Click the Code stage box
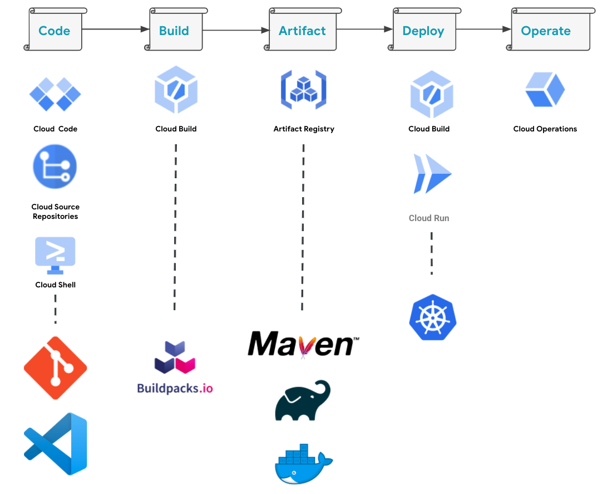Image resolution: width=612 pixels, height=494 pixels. point(55,31)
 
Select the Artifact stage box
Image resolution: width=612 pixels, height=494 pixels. point(302,31)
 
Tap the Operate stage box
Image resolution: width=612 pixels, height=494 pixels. point(546,31)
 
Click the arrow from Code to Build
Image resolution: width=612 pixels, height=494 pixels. point(116,30)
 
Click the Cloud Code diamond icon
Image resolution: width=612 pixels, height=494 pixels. point(55,94)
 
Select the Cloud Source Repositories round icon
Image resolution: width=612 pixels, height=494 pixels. point(55,167)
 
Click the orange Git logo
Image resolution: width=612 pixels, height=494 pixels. point(55,368)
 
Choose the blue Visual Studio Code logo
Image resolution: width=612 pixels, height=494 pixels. point(56,444)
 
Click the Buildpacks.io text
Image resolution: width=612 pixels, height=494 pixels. point(175,388)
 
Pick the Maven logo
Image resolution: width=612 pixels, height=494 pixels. point(303,344)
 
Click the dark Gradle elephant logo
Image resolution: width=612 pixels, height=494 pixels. point(303,400)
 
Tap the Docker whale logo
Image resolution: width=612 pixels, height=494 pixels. point(303,463)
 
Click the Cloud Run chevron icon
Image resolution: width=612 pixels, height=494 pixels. point(432,174)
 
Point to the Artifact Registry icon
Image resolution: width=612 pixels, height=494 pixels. point(303,90)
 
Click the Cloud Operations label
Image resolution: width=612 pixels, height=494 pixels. point(545,129)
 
